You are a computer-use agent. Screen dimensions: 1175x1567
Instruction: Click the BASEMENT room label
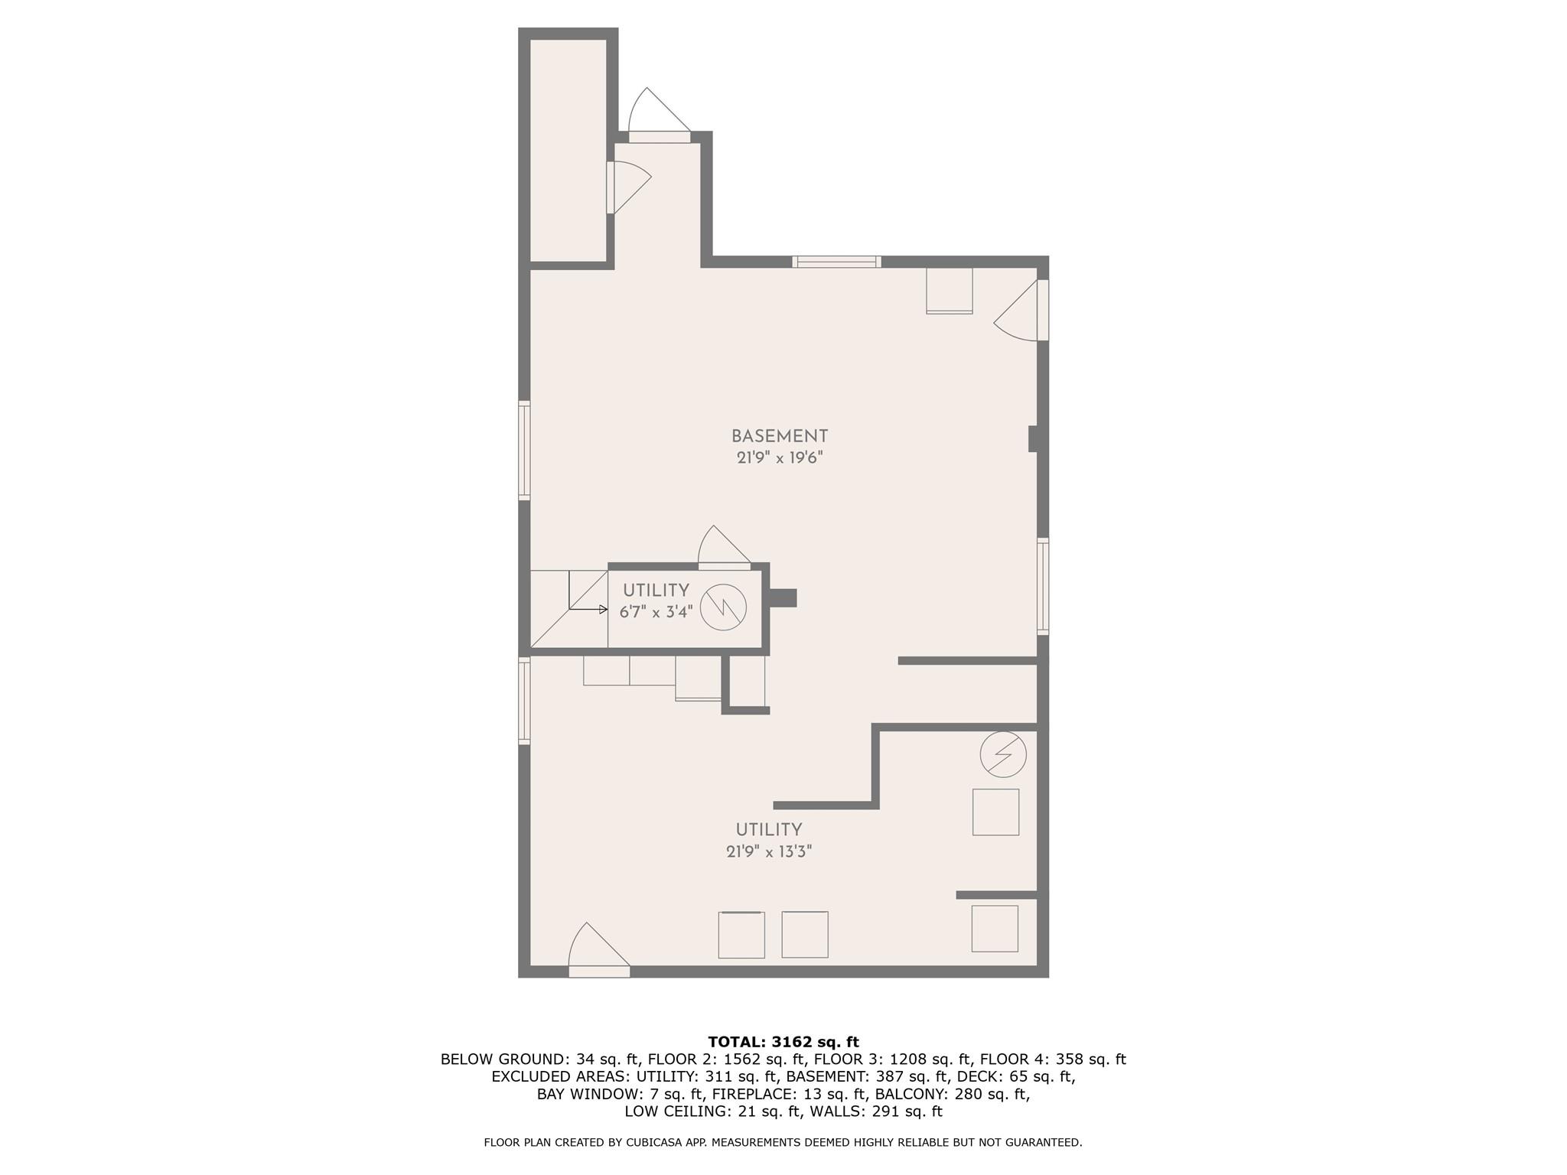pyautogui.click(x=779, y=436)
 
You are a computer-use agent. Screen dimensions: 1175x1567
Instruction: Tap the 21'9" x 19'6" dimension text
pyautogui.click(x=779, y=458)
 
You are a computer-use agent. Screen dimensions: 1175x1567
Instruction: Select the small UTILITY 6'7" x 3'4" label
pyautogui.click(x=656, y=601)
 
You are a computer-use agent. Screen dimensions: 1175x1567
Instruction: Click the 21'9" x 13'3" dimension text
pyautogui.click(x=768, y=851)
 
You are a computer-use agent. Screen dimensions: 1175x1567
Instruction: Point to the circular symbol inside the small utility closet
pyautogui.click(x=723, y=607)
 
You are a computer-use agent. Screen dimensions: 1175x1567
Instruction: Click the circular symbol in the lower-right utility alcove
pyautogui.click(x=1002, y=754)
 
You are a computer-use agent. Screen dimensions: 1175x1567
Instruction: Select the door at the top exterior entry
pyautogui.click(x=659, y=122)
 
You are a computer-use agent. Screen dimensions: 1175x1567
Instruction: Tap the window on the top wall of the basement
pyautogui.click(x=836, y=262)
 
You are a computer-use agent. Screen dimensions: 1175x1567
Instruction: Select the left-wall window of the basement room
pyautogui.click(x=524, y=450)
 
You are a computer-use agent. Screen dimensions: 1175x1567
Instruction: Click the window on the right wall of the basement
pyautogui.click(x=1042, y=586)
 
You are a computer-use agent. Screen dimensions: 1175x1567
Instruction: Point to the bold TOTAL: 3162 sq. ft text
pyautogui.click(x=783, y=1042)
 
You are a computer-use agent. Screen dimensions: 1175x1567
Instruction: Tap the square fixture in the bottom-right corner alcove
pyautogui.click(x=995, y=929)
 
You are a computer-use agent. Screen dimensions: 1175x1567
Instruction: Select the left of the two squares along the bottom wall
pyautogui.click(x=741, y=935)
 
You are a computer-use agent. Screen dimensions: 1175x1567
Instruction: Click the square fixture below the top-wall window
pyautogui.click(x=949, y=290)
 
